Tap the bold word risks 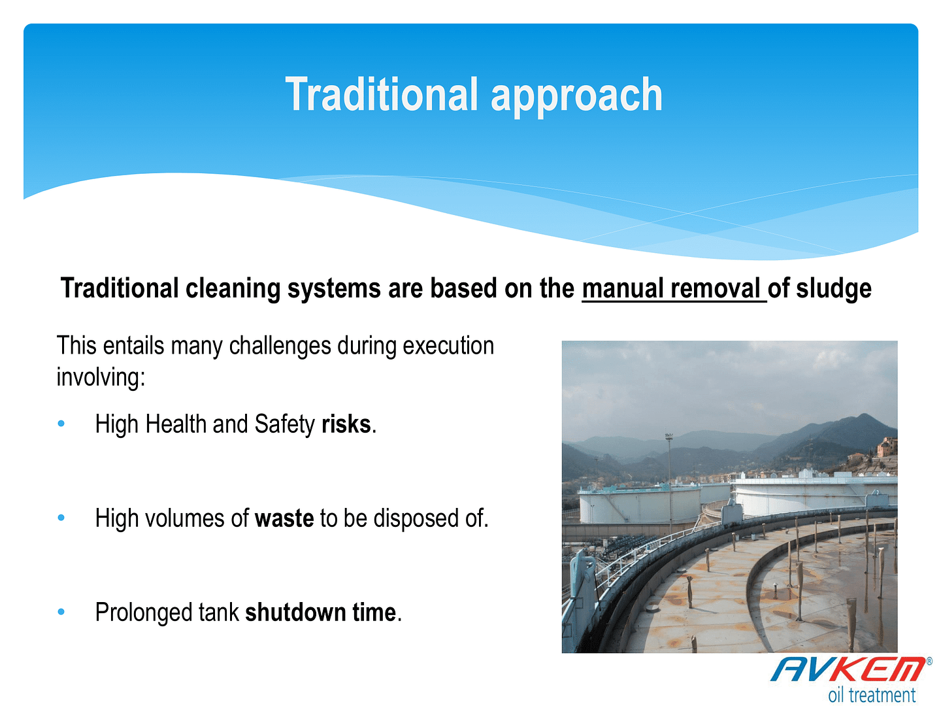(x=346, y=424)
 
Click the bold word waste (x=284, y=518)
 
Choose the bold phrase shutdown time (x=320, y=612)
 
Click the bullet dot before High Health (x=61, y=424)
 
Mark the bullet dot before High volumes (x=61, y=518)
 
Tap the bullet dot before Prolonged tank (x=61, y=612)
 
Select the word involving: (x=101, y=378)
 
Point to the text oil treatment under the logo (x=872, y=694)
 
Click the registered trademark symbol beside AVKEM (x=929, y=661)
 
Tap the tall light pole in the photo (x=669, y=484)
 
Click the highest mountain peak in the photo (x=865, y=414)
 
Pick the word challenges (x=280, y=346)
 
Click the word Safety (x=285, y=425)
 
